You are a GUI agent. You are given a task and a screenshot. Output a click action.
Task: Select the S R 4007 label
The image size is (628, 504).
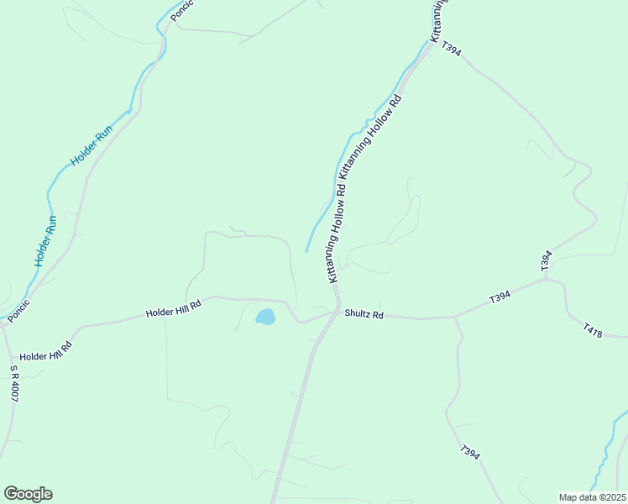14,384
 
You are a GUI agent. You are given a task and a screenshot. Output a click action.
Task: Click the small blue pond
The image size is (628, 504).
264,318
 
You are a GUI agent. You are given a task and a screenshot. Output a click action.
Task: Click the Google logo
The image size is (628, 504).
28,494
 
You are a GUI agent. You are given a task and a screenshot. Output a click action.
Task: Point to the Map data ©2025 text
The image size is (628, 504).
592,497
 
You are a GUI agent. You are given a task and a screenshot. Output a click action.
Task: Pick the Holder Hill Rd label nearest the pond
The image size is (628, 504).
174,309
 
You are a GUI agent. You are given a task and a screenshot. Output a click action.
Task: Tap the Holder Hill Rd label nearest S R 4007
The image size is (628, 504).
45,350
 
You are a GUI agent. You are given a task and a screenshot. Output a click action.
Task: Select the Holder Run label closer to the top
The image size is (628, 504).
92,145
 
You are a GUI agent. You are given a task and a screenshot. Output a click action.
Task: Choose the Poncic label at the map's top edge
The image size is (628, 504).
181,10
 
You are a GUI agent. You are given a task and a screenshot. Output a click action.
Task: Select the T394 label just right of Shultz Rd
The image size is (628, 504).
500,297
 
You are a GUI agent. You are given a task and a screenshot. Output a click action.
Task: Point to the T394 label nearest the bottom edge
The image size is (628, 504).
470,453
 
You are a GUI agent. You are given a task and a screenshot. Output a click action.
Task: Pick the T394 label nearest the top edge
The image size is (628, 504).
451,50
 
